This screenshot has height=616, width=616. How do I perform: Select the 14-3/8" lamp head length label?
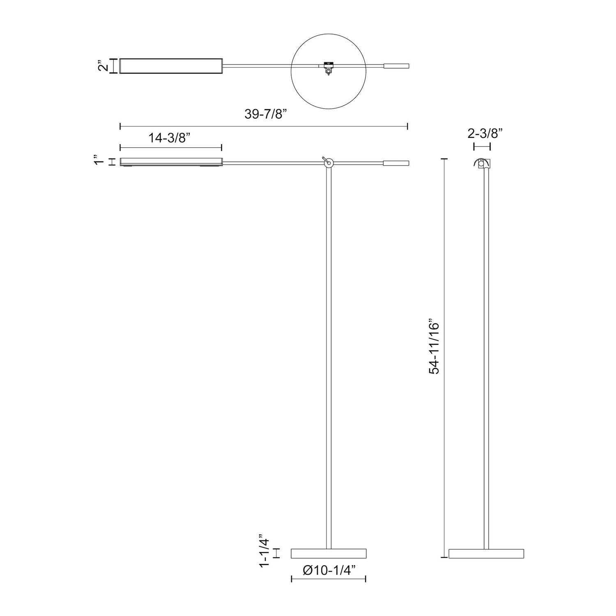pyautogui.click(x=170, y=138)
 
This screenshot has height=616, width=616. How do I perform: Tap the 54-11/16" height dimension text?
pyautogui.click(x=434, y=347)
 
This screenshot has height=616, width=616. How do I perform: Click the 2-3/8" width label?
pyautogui.click(x=485, y=133)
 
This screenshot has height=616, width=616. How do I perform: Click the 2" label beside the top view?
pyautogui.click(x=103, y=66)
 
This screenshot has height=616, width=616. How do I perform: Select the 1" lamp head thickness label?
pyautogui.click(x=97, y=160)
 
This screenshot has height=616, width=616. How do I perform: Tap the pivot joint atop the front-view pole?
pyautogui.click(x=328, y=163)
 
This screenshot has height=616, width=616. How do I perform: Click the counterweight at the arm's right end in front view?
pyautogui.click(x=396, y=163)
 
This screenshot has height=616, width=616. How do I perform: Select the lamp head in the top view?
pyautogui.click(x=171, y=66)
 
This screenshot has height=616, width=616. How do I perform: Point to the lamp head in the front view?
pyautogui.click(x=171, y=162)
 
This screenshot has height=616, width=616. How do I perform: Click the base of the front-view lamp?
pyautogui.click(x=329, y=554)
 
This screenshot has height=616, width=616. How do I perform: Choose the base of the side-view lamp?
pyautogui.click(x=486, y=554)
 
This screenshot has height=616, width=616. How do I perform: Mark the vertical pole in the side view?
pyautogui.click(x=486, y=357)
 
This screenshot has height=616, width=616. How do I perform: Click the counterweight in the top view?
pyautogui.click(x=396, y=66)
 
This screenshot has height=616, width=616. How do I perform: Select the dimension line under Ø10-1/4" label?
pyautogui.click(x=329, y=579)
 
